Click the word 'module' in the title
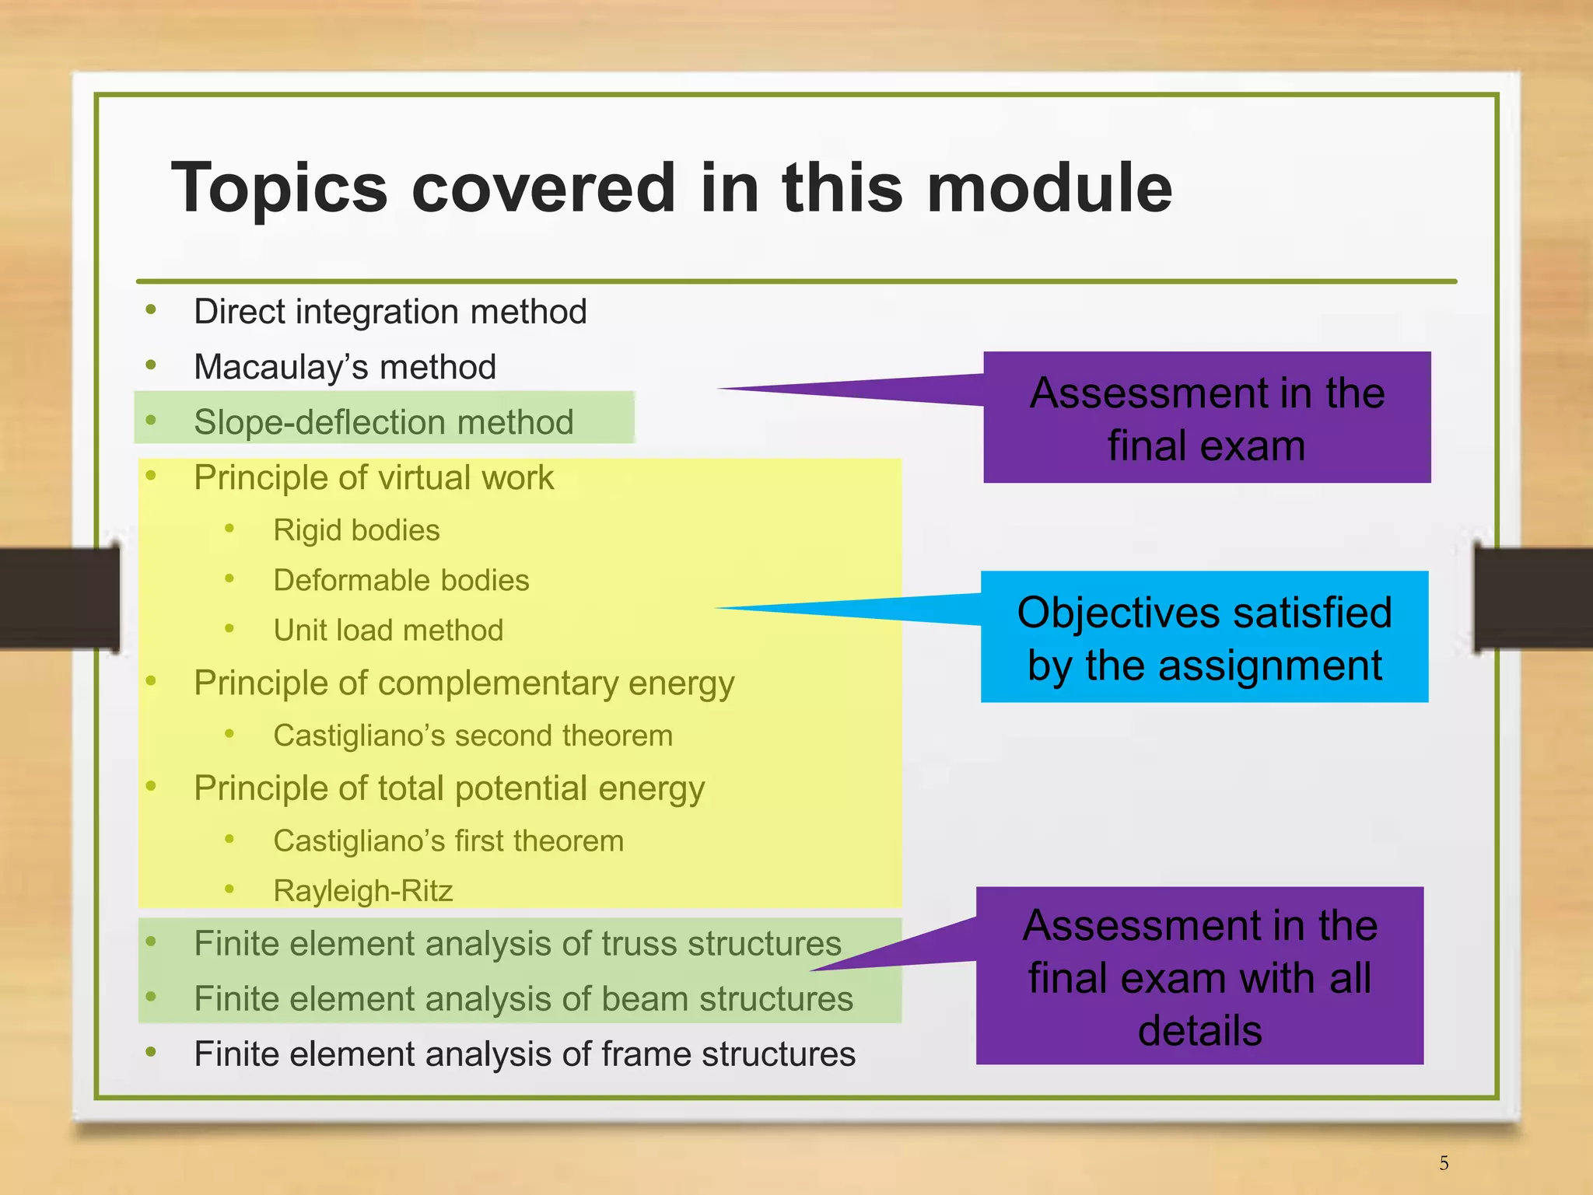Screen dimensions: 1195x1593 click(x=1049, y=188)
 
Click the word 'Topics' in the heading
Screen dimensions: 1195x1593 click(x=278, y=188)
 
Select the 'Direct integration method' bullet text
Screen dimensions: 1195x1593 click(x=390, y=312)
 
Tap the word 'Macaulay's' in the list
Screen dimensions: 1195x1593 click(x=279, y=367)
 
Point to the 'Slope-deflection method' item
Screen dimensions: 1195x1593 click(x=383, y=422)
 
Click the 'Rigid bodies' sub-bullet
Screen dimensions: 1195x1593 click(x=356, y=530)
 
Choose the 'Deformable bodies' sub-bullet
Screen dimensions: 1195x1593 click(x=401, y=580)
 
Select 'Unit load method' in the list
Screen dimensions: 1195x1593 click(x=388, y=630)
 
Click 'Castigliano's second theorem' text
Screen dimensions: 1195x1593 click(x=472, y=736)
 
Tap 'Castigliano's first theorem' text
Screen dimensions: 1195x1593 click(x=448, y=841)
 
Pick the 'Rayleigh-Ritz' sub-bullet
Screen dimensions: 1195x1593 click(x=362, y=891)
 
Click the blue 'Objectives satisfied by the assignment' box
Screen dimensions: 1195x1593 click(x=1204, y=638)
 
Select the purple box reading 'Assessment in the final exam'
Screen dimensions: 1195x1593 click(x=1206, y=418)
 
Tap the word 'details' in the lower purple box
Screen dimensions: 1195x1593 click(x=1199, y=1031)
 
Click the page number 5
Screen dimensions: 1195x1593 click(x=1444, y=1163)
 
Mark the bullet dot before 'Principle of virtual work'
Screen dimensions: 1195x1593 click(x=152, y=475)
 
